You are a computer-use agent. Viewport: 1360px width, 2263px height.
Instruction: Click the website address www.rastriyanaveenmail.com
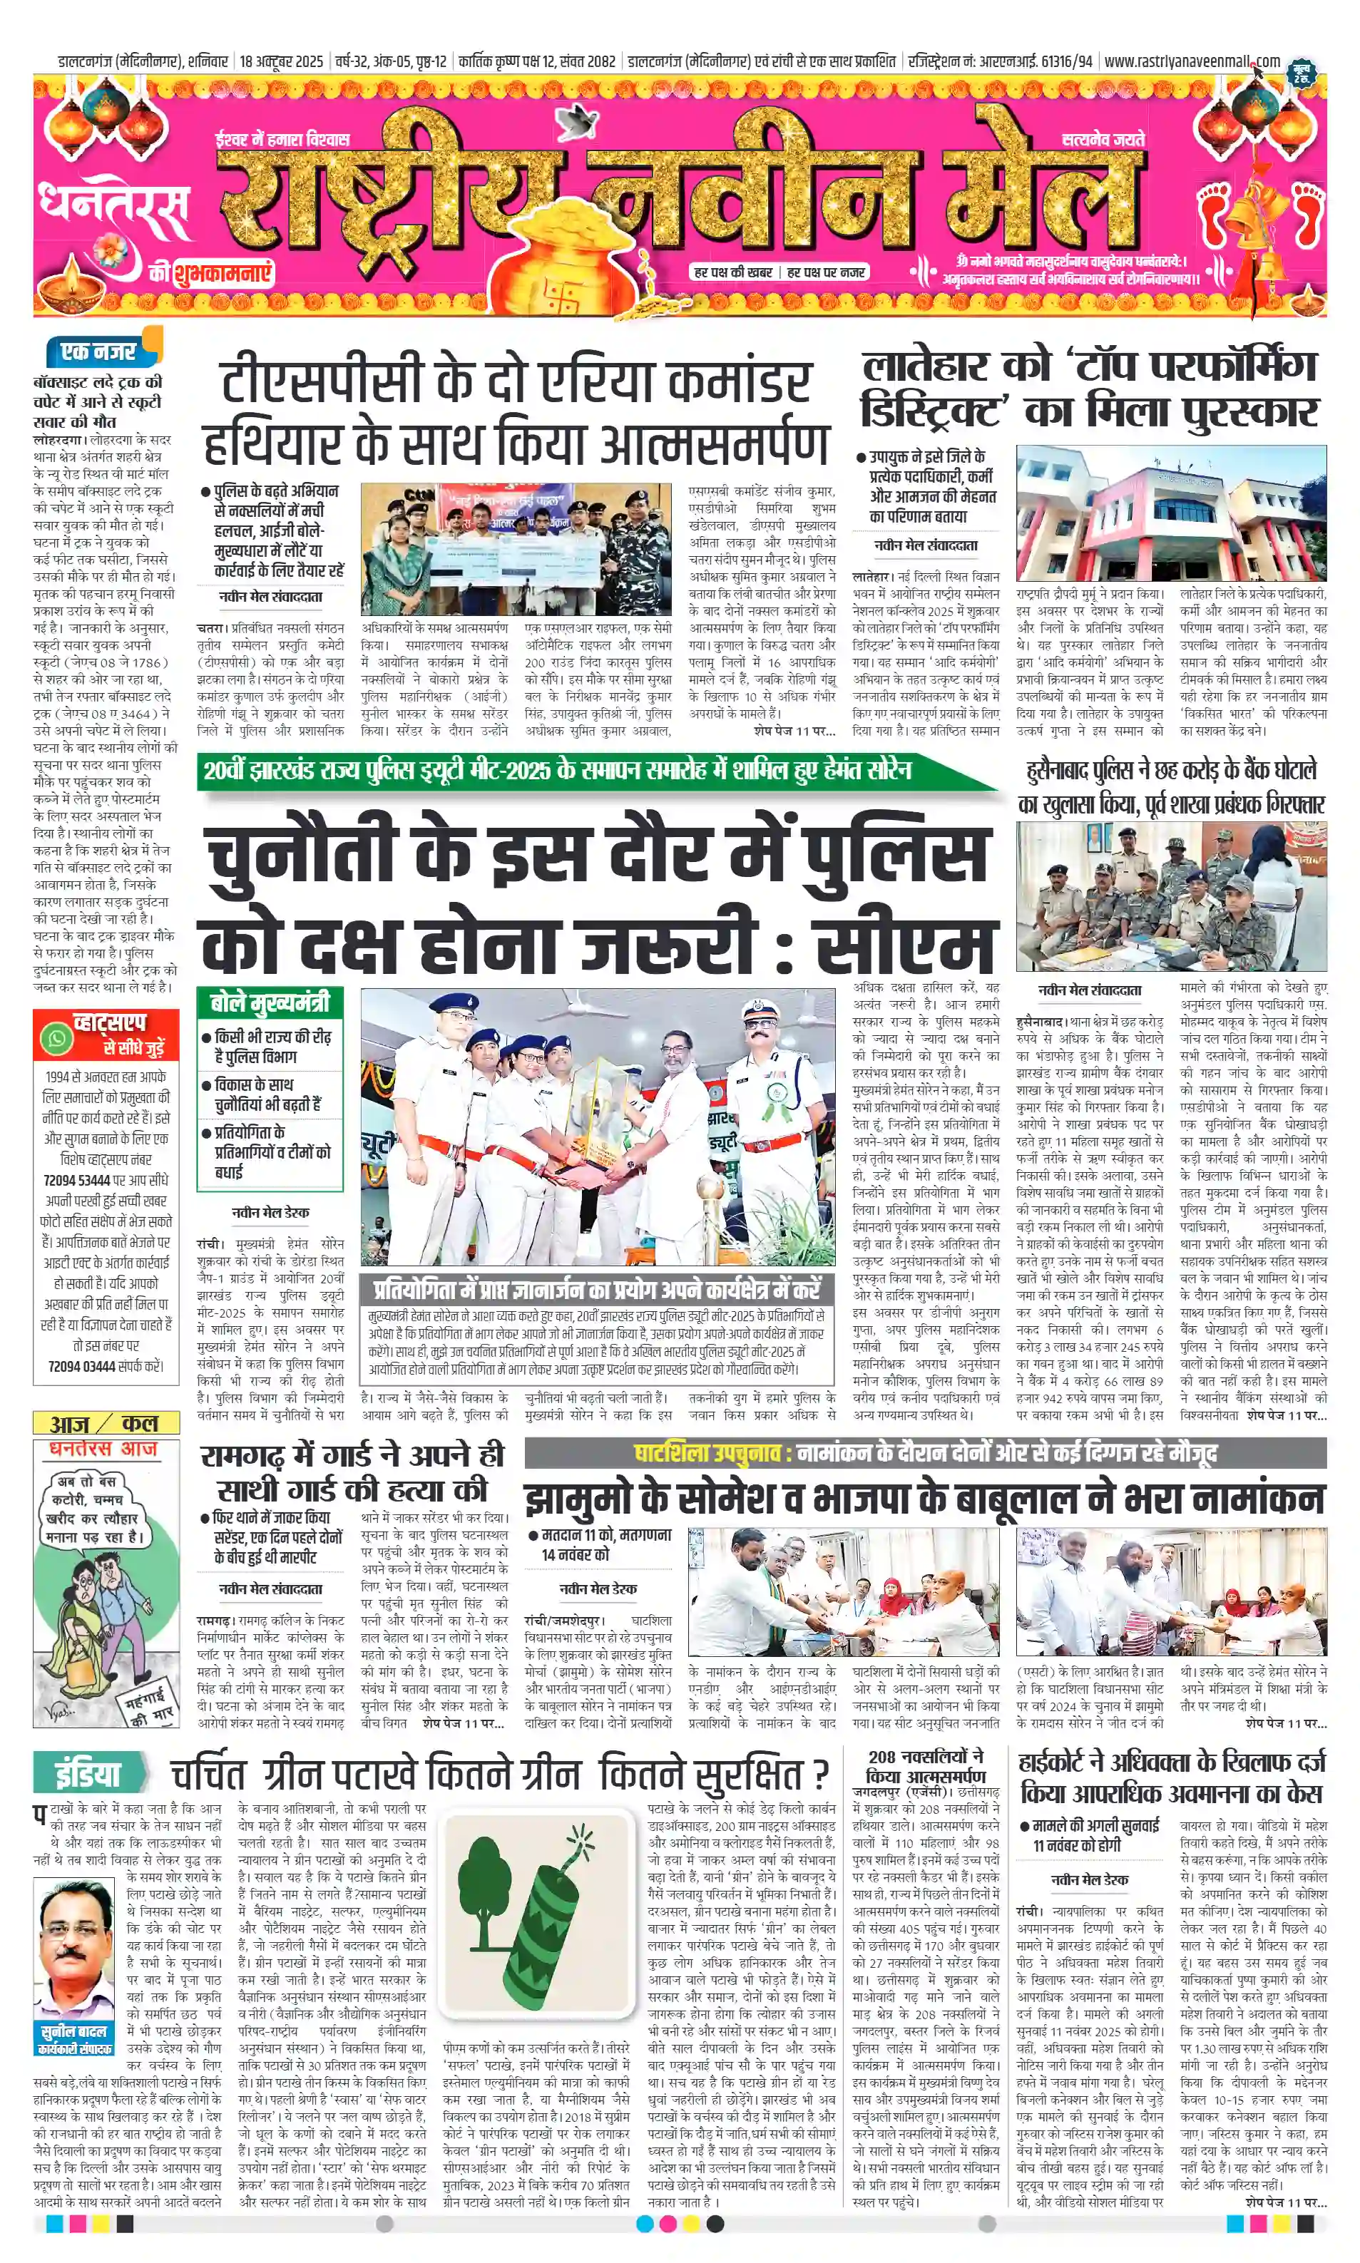pos(1192,61)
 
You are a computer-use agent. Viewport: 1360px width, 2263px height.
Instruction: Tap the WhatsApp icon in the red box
pos(57,1038)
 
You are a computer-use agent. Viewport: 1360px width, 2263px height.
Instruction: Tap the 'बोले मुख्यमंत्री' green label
pos(270,1002)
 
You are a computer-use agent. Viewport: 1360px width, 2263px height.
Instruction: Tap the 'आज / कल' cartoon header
pos(106,1423)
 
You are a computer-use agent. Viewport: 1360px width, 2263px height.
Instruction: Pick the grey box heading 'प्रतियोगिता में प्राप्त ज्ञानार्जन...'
pos(597,1290)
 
